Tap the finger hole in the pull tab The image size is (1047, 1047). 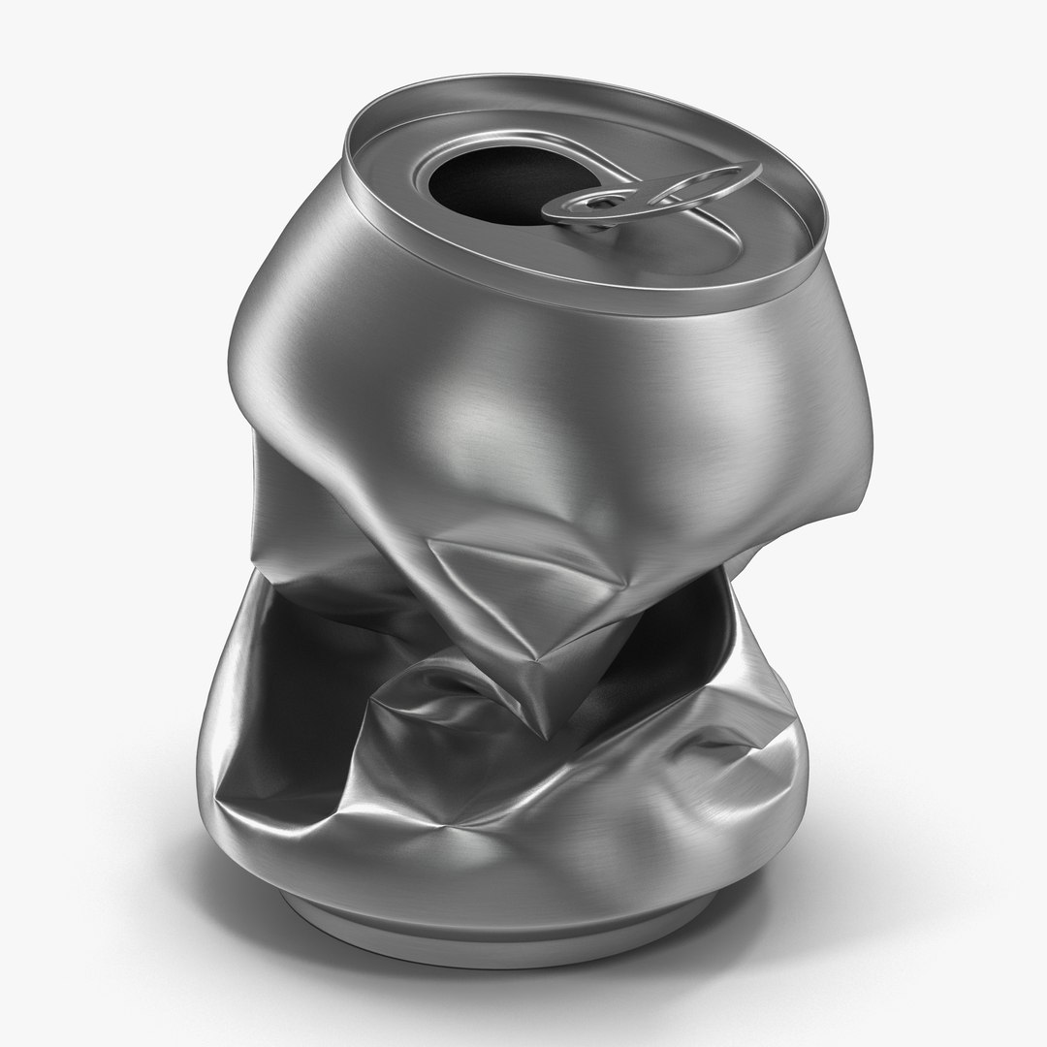point(705,184)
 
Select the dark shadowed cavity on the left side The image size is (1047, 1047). point(281,679)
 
